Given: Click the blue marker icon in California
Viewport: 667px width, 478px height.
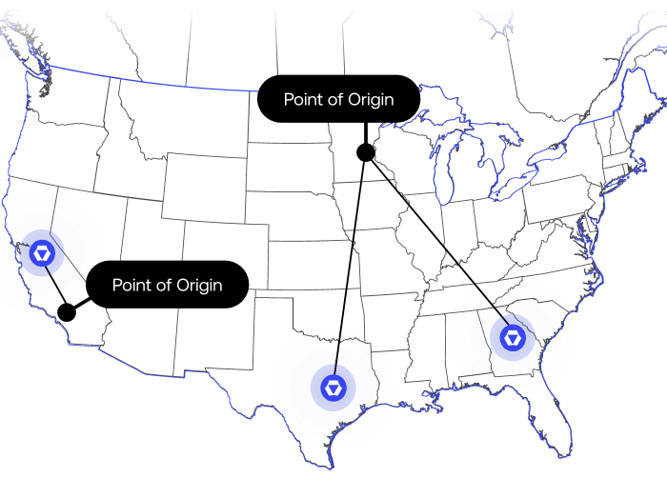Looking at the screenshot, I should [43, 253].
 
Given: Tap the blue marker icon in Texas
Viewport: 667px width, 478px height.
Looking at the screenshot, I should [333, 388].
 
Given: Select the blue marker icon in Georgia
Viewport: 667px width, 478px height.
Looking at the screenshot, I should [513, 337].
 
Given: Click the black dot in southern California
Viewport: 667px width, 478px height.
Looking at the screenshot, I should [67, 311].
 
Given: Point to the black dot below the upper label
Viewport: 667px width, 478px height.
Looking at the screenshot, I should [365, 152].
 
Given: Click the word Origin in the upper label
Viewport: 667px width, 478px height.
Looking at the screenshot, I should [367, 99].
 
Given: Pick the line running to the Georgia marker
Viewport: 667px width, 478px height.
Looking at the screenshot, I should [438, 244].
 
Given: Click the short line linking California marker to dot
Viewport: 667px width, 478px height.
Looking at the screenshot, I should [55, 283].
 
